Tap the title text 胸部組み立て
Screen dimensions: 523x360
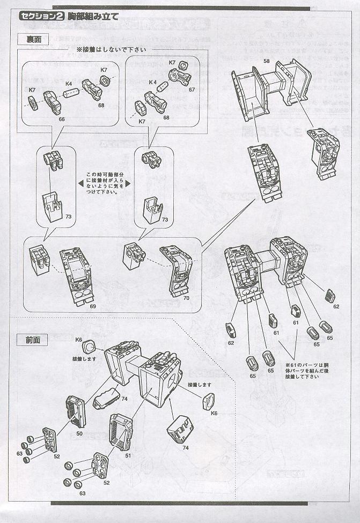point(93,16)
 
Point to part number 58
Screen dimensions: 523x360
point(266,62)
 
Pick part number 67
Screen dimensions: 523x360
point(192,90)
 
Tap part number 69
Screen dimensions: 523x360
point(93,306)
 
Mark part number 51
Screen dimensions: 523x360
point(128,456)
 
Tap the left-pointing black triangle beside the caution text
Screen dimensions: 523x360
point(80,182)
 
